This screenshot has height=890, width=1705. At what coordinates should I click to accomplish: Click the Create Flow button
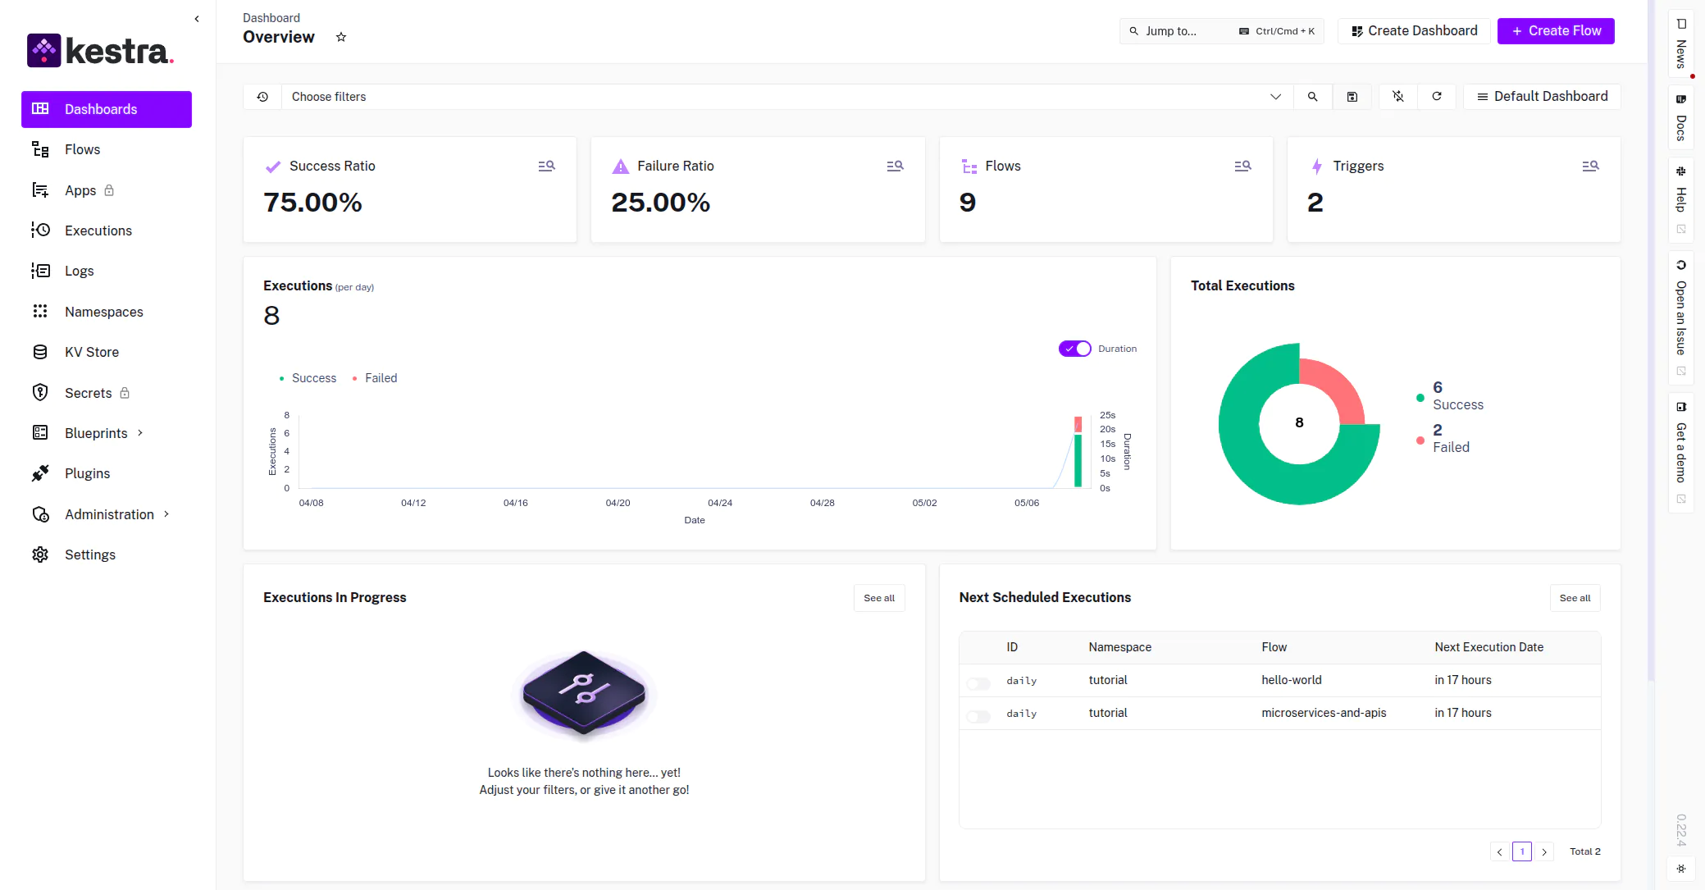(x=1556, y=31)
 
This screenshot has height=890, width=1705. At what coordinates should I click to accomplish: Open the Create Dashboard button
(x=1414, y=31)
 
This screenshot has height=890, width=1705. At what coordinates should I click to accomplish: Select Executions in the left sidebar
(x=98, y=230)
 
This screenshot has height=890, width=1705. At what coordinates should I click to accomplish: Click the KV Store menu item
(x=92, y=352)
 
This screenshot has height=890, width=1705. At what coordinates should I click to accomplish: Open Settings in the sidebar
(x=90, y=555)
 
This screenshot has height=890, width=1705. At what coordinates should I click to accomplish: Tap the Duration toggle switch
(x=1074, y=349)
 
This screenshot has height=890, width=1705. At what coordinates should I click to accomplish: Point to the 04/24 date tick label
(x=720, y=503)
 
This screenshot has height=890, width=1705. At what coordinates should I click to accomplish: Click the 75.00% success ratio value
(x=312, y=203)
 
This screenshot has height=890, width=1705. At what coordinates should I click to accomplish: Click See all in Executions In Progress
(x=879, y=598)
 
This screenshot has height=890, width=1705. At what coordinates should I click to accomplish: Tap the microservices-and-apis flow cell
(x=1324, y=713)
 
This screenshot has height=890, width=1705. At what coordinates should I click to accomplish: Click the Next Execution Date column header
(x=1488, y=647)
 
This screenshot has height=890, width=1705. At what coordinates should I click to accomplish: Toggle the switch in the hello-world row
(x=978, y=683)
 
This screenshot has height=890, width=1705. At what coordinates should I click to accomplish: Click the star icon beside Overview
(x=341, y=37)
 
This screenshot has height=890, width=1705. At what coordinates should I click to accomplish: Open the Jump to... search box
(x=1221, y=31)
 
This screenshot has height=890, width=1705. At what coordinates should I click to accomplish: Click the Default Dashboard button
(x=1542, y=97)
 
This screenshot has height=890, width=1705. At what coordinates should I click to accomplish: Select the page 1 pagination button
(x=1522, y=851)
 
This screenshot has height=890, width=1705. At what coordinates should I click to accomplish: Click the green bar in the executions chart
(x=1078, y=461)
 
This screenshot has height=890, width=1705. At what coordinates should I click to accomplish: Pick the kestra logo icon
(x=43, y=51)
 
